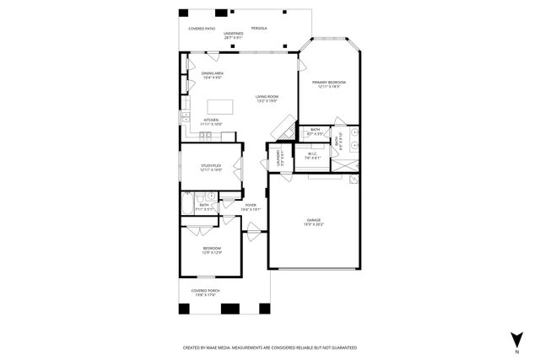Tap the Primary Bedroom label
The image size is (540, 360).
point(329,84)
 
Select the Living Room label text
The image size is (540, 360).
point(267,99)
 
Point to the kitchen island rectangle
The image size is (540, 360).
point(220,106)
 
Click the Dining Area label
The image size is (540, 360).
point(212,75)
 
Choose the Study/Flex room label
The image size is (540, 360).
point(210,167)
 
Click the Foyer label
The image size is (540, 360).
point(251,206)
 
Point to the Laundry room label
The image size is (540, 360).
point(275,157)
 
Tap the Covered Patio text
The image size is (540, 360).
point(202,28)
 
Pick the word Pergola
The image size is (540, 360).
point(259,28)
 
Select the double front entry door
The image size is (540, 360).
point(253,228)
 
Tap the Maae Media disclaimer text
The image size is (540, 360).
point(270,347)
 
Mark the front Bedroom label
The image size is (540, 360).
point(211,250)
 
